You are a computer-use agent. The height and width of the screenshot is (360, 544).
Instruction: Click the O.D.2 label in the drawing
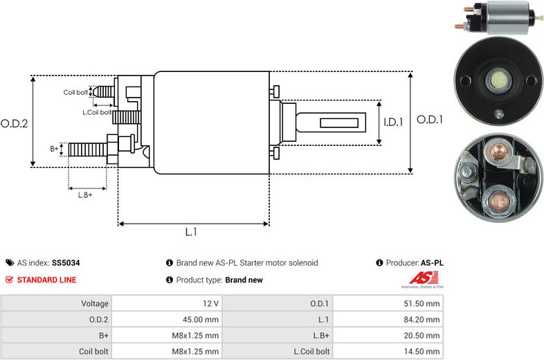click(x=14, y=124)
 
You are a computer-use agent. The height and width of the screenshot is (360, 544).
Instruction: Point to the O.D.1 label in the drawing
click(x=430, y=120)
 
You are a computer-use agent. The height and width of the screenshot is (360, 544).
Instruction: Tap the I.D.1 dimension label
click(x=393, y=123)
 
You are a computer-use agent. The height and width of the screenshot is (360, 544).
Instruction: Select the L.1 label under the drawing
click(x=191, y=232)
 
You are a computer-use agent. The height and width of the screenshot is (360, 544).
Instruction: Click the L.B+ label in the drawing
click(x=85, y=195)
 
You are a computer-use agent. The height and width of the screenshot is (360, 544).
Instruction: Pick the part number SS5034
click(x=66, y=263)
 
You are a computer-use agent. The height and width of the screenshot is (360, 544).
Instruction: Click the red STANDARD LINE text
click(x=46, y=280)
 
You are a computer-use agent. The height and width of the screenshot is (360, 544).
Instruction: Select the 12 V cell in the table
click(x=167, y=303)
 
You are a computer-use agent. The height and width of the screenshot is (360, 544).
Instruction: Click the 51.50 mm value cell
click(x=388, y=303)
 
